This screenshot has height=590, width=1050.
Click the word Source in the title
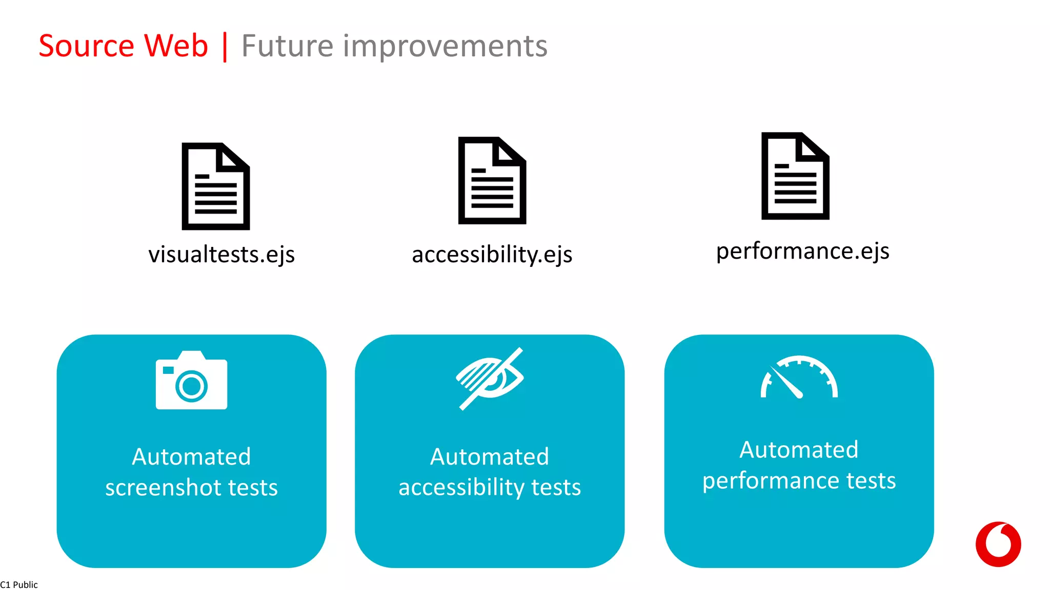click(86, 46)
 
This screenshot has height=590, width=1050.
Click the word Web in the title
click(176, 46)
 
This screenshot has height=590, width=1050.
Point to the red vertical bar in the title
click(225, 47)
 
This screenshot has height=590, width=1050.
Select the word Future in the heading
click(287, 46)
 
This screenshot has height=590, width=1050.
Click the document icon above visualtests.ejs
click(216, 186)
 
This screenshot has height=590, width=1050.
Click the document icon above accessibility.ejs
click(492, 180)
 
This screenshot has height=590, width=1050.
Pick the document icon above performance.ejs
click(795, 176)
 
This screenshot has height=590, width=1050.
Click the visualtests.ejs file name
click(221, 255)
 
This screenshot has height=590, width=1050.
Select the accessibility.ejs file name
click(492, 255)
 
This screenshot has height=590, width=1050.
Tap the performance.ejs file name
click(802, 251)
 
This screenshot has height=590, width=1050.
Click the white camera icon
click(191, 381)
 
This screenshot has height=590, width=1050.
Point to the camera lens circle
click(192, 386)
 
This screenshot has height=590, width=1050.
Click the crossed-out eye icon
click(490, 379)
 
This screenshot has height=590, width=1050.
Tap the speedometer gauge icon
click(799, 377)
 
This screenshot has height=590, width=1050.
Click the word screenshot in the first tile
click(163, 488)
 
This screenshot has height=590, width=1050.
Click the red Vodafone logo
click(998, 544)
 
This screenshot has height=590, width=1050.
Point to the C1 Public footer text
click(19, 585)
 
